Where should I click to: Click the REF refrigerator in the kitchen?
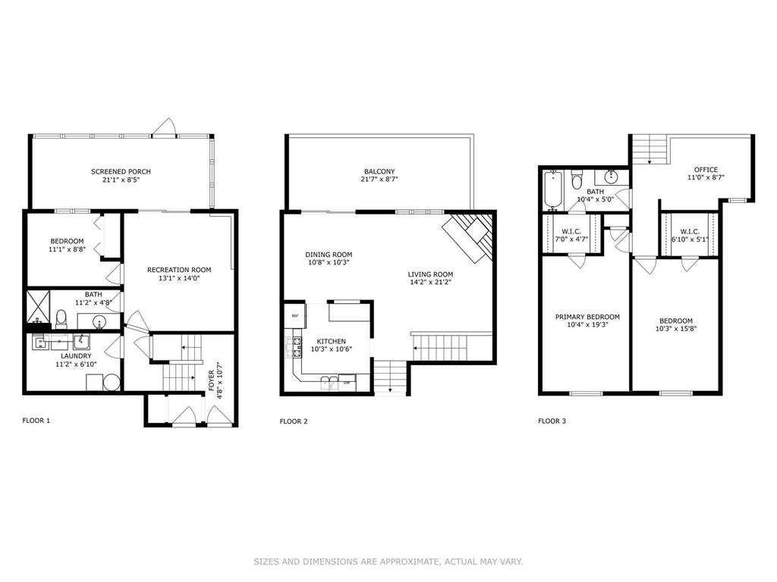click(x=293, y=315)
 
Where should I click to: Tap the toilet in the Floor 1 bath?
click(x=61, y=317)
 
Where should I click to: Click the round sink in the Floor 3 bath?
click(x=617, y=179)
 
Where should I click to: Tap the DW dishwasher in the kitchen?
click(x=347, y=382)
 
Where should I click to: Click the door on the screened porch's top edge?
click(x=168, y=127)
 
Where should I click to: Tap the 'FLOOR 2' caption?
click(x=294, y=421)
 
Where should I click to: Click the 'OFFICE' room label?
click(x=706, y=170)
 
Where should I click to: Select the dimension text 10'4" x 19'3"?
click(x=587, y=324)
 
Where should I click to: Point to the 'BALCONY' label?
click(x=379, y=171)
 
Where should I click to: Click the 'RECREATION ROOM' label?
click(x=179, y=270)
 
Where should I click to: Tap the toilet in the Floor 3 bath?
click(x=577, y=180)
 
